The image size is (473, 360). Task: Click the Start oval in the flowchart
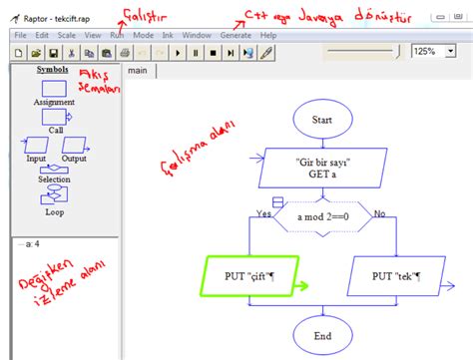tap(321, 119)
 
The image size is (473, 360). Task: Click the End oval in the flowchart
tap(321, 335)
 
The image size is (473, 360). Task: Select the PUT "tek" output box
tap(395, 275)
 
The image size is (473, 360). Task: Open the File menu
tap(20, 35)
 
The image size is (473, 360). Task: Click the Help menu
tap(267, 35)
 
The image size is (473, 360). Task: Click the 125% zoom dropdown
tap(436, 51)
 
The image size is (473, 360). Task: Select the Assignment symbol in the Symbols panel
tap(53, 89)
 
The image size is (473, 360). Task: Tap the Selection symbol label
tap(54, 180)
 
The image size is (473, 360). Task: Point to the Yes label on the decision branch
tap(263, 213)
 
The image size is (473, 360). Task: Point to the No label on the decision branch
tap(379, 213)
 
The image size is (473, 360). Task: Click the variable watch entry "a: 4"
tap(29, 242)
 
